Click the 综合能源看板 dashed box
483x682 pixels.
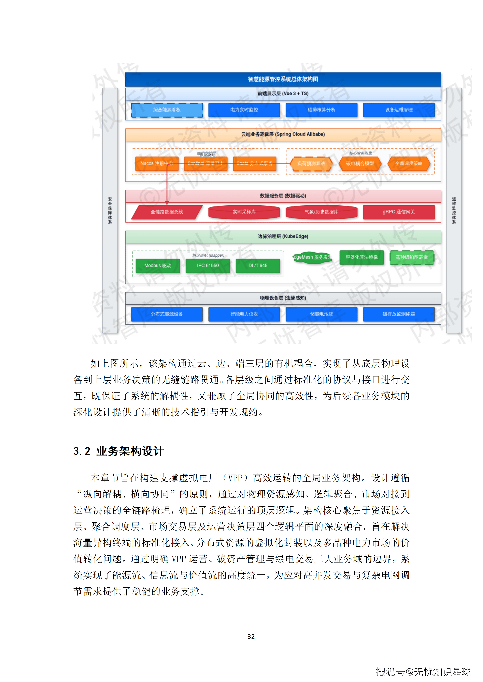tap(167, 110)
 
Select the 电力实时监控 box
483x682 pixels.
tap(244, 110)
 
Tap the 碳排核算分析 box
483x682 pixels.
tap(322, 110)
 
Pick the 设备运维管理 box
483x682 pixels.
tap(399, 110)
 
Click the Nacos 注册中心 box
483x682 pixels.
tap(157, 164)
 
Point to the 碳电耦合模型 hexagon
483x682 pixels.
tap(360, 164)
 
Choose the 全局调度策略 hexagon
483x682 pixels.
tap(409, 164)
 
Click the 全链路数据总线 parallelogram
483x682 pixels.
tap(167, 212)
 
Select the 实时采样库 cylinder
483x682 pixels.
tap(244, 212)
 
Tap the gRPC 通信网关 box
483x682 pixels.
tap(399, 212)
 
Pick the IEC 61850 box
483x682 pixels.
tap(208, 266)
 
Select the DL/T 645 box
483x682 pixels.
tap(258, 266)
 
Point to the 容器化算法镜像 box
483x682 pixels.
tap(362, 257)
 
